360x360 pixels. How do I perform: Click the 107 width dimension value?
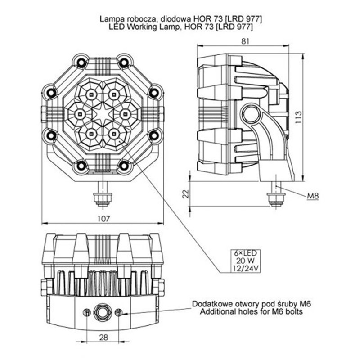point(103,219)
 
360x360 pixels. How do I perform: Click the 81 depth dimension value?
point(245,41)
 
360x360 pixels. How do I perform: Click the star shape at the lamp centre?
point(102,114)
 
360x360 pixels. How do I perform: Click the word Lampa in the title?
point(111,19)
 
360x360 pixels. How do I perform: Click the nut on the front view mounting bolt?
point(102,198)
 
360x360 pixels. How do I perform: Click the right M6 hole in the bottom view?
point(119,313)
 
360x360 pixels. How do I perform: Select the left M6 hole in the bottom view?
point(86,313)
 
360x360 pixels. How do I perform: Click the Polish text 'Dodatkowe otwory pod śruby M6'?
point(251,304)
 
